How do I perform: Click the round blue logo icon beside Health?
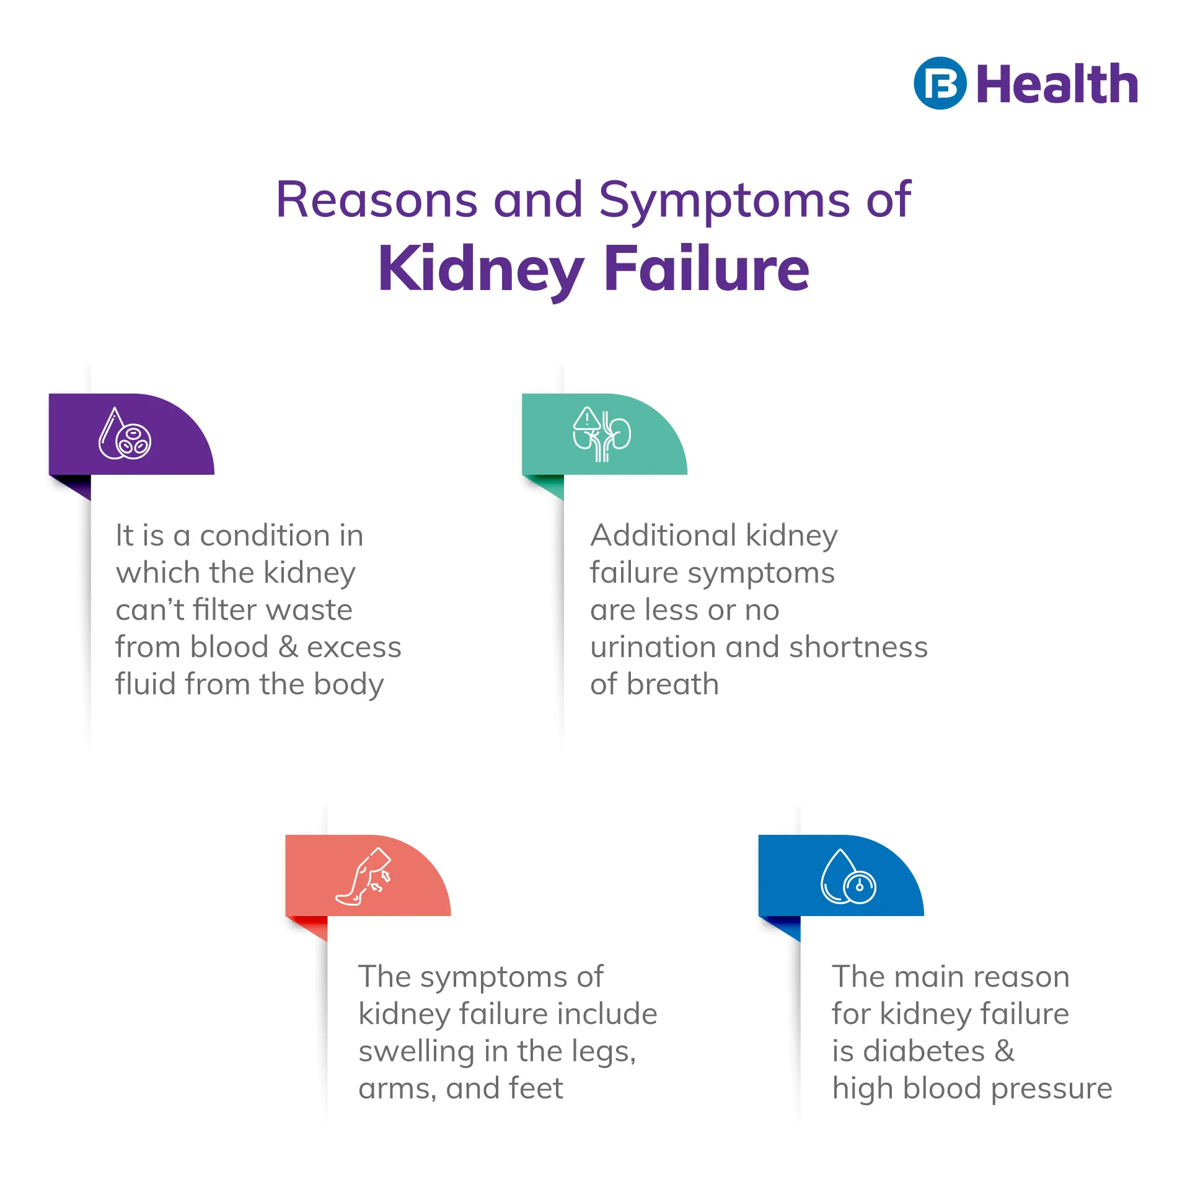(940, 84)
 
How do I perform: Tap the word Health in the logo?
(1057, 84)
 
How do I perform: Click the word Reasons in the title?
(377, 200)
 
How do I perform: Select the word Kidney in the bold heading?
(481, 269)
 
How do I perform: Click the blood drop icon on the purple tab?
(125, 433)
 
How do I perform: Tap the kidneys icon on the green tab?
(602, 434)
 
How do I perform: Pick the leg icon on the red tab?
(364, 876)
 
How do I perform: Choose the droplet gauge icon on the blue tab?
(848, 876)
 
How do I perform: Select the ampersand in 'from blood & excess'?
(288, 647)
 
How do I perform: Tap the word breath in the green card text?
(672, 684)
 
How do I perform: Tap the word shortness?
(858, 647)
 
